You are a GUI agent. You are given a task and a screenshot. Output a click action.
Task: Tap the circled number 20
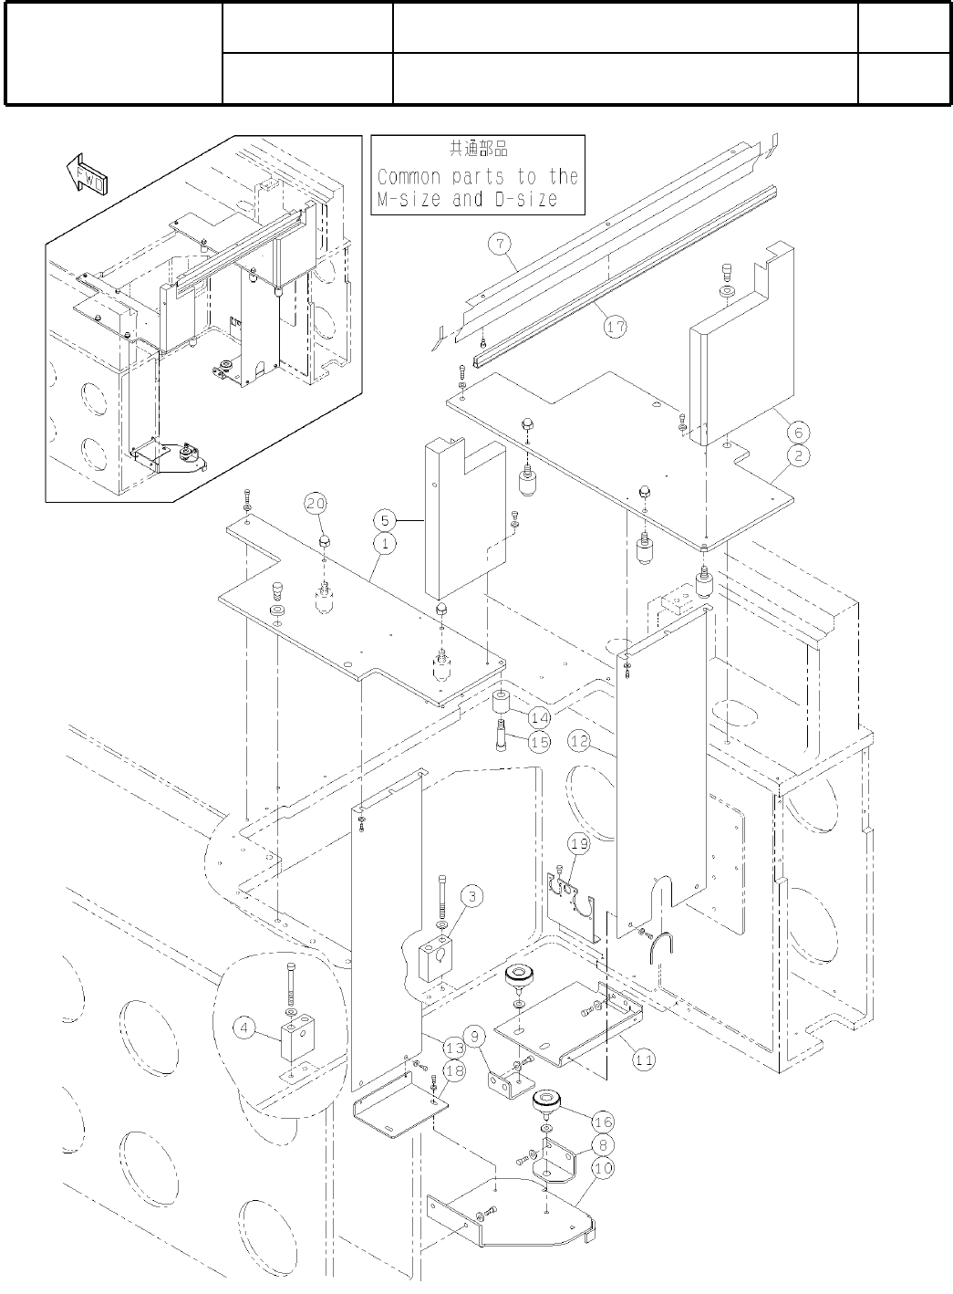(316, 503)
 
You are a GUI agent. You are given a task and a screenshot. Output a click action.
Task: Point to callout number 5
(386, 520)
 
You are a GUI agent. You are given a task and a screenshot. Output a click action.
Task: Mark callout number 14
(539, 718)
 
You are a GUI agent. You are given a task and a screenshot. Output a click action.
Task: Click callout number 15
(539, 742)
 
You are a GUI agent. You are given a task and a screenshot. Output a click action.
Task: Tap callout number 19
(579, 845)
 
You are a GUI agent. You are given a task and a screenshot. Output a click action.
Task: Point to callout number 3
(471, 897)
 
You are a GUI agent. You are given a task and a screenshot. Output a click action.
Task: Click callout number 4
(243, 1028)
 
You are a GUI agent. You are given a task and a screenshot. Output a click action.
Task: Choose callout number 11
(644, 1060)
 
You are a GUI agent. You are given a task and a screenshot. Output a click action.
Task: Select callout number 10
(603, 1167)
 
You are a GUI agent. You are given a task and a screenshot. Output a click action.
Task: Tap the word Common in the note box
(409, 176)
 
